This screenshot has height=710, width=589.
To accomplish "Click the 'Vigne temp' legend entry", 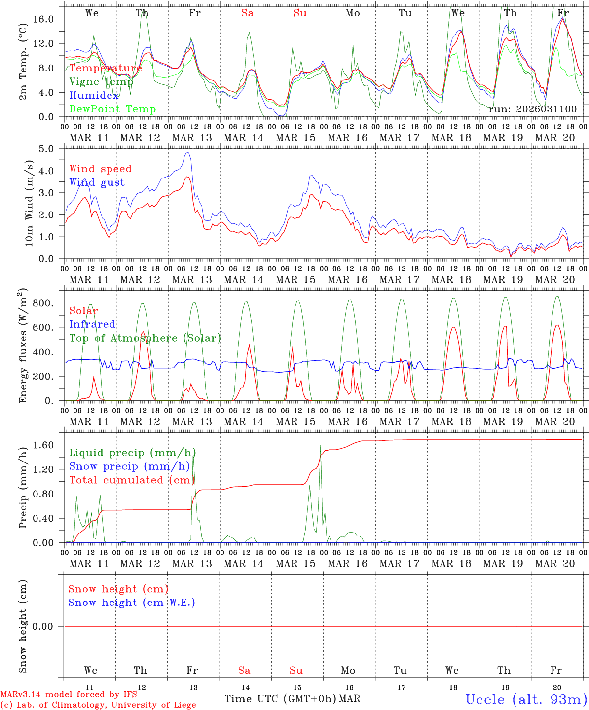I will click(x=101, y=82).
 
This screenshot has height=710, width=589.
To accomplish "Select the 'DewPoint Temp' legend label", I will click(x=112, y=109).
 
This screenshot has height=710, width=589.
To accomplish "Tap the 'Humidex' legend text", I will click(x=94, y=96).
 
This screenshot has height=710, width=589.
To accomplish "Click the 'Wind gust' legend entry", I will click(x=97, y=182).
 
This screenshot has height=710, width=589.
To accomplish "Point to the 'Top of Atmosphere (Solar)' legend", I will click(x=145, y=338).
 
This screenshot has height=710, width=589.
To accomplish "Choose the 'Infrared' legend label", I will click(x=92, y=324).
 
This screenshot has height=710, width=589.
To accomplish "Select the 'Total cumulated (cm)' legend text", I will click(x=132, y=480).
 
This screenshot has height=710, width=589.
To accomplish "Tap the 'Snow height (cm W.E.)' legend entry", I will click(x=131, y=603).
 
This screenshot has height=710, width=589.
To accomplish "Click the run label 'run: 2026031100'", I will click(x=532, y=109).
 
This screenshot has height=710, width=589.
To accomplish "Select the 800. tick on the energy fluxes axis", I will click(x=44, y=303).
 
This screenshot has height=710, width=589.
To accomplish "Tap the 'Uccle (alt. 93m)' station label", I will click(x=526, y=699).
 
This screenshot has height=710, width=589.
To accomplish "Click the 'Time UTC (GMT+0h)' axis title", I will click(x=281, y=699).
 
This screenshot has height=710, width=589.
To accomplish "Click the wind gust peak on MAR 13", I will click(x=187, y=152).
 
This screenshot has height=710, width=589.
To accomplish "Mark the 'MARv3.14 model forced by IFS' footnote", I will click(x=69, y=695).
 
